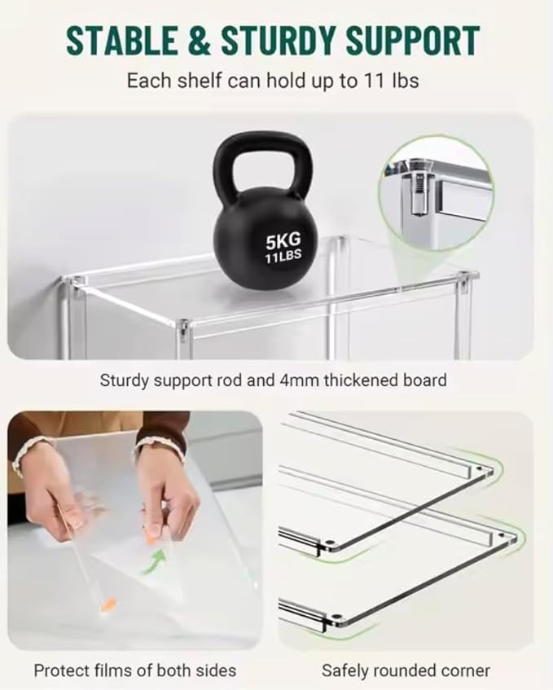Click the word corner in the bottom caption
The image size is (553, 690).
click(x=465, y=671)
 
